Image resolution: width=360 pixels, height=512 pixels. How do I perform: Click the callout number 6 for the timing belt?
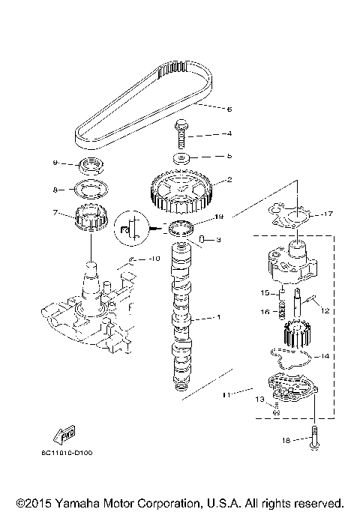[229, 109]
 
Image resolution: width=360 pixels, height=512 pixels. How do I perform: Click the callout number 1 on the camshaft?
[218, 318]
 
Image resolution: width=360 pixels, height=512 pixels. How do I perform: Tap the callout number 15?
[264, 292]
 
